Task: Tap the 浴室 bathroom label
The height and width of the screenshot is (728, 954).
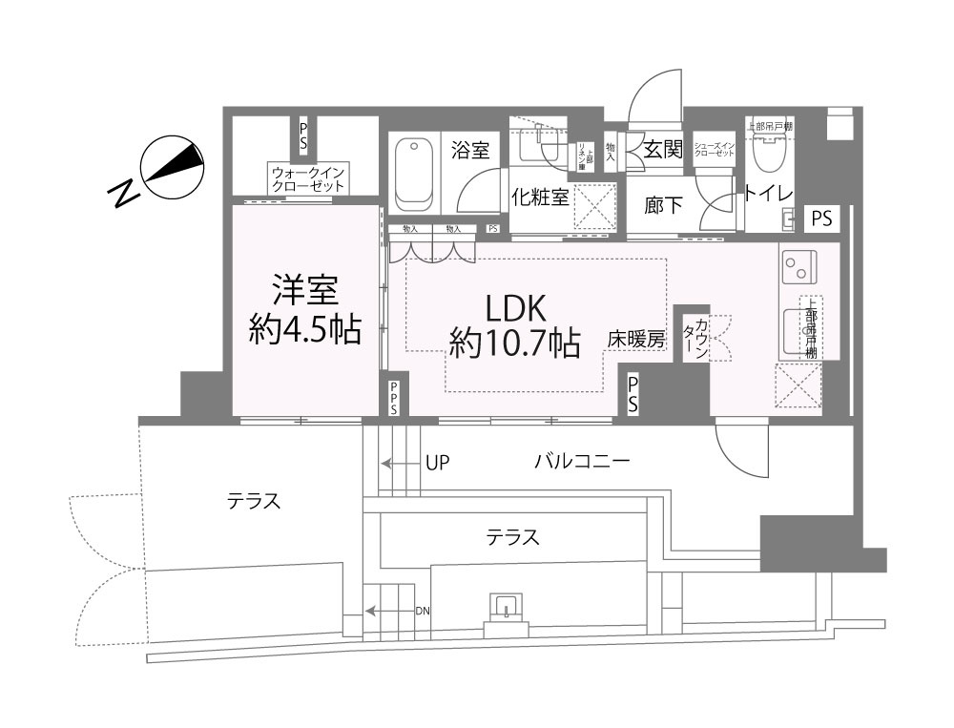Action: click(470, 151)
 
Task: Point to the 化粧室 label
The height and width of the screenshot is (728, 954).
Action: click(540, 197)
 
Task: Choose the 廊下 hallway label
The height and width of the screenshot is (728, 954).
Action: click(663, 204)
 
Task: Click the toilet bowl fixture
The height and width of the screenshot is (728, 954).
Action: click(768, 151)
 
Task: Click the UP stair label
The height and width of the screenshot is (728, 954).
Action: click(438, 463)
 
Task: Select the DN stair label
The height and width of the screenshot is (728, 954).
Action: click(421, 611)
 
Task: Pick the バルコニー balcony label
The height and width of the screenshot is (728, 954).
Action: click(581, 463)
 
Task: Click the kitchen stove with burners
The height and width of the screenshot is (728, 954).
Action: click(798, 266)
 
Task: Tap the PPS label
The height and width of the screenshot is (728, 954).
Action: click(395, 399)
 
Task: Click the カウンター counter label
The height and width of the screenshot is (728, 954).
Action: click(695, 339)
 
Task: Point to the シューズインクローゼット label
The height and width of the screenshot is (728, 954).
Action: click(713, 148)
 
